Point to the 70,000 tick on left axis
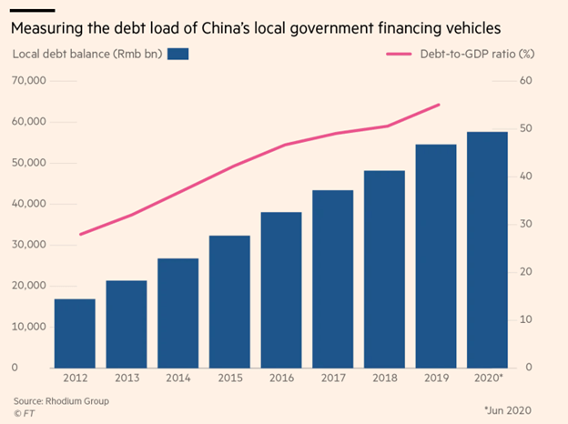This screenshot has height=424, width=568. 29,81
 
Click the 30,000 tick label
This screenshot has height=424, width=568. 29,245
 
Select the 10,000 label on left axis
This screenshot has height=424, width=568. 29,327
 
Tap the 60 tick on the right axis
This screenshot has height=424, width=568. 525,81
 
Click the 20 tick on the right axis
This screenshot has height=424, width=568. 525,272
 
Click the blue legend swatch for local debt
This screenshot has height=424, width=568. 177,55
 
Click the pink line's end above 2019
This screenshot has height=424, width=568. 440,105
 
